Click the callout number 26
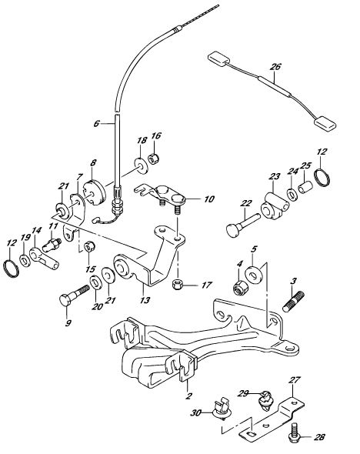click(275, 67)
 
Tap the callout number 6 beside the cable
click(96, 124)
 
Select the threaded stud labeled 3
click(293, 302)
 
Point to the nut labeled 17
click(176, 285)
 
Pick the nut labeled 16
click(154, 159)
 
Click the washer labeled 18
click(142, 166)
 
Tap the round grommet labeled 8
click(95, 192)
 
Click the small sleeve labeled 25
click(305, 187)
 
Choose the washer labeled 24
click(292, 194)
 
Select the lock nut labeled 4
click(239, 286)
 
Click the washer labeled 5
click(255, 274)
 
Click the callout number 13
click(145, 300)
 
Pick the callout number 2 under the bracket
click(188, 396)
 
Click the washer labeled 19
click(25, 260)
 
